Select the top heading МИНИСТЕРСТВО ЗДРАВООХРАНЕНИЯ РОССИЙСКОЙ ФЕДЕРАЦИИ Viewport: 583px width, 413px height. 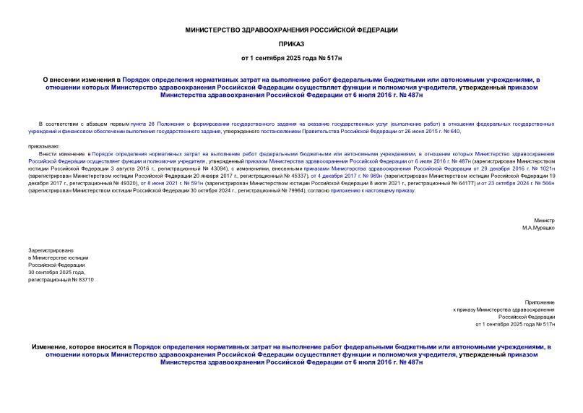coord(291,30)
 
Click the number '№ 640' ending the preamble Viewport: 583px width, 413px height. coord(452,131)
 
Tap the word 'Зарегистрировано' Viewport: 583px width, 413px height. coord(48,250)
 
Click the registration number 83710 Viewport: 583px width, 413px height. coord(81,279)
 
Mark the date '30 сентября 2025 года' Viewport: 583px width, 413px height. coord(56,272)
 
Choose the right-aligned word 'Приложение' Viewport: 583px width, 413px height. coord(540,302)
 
